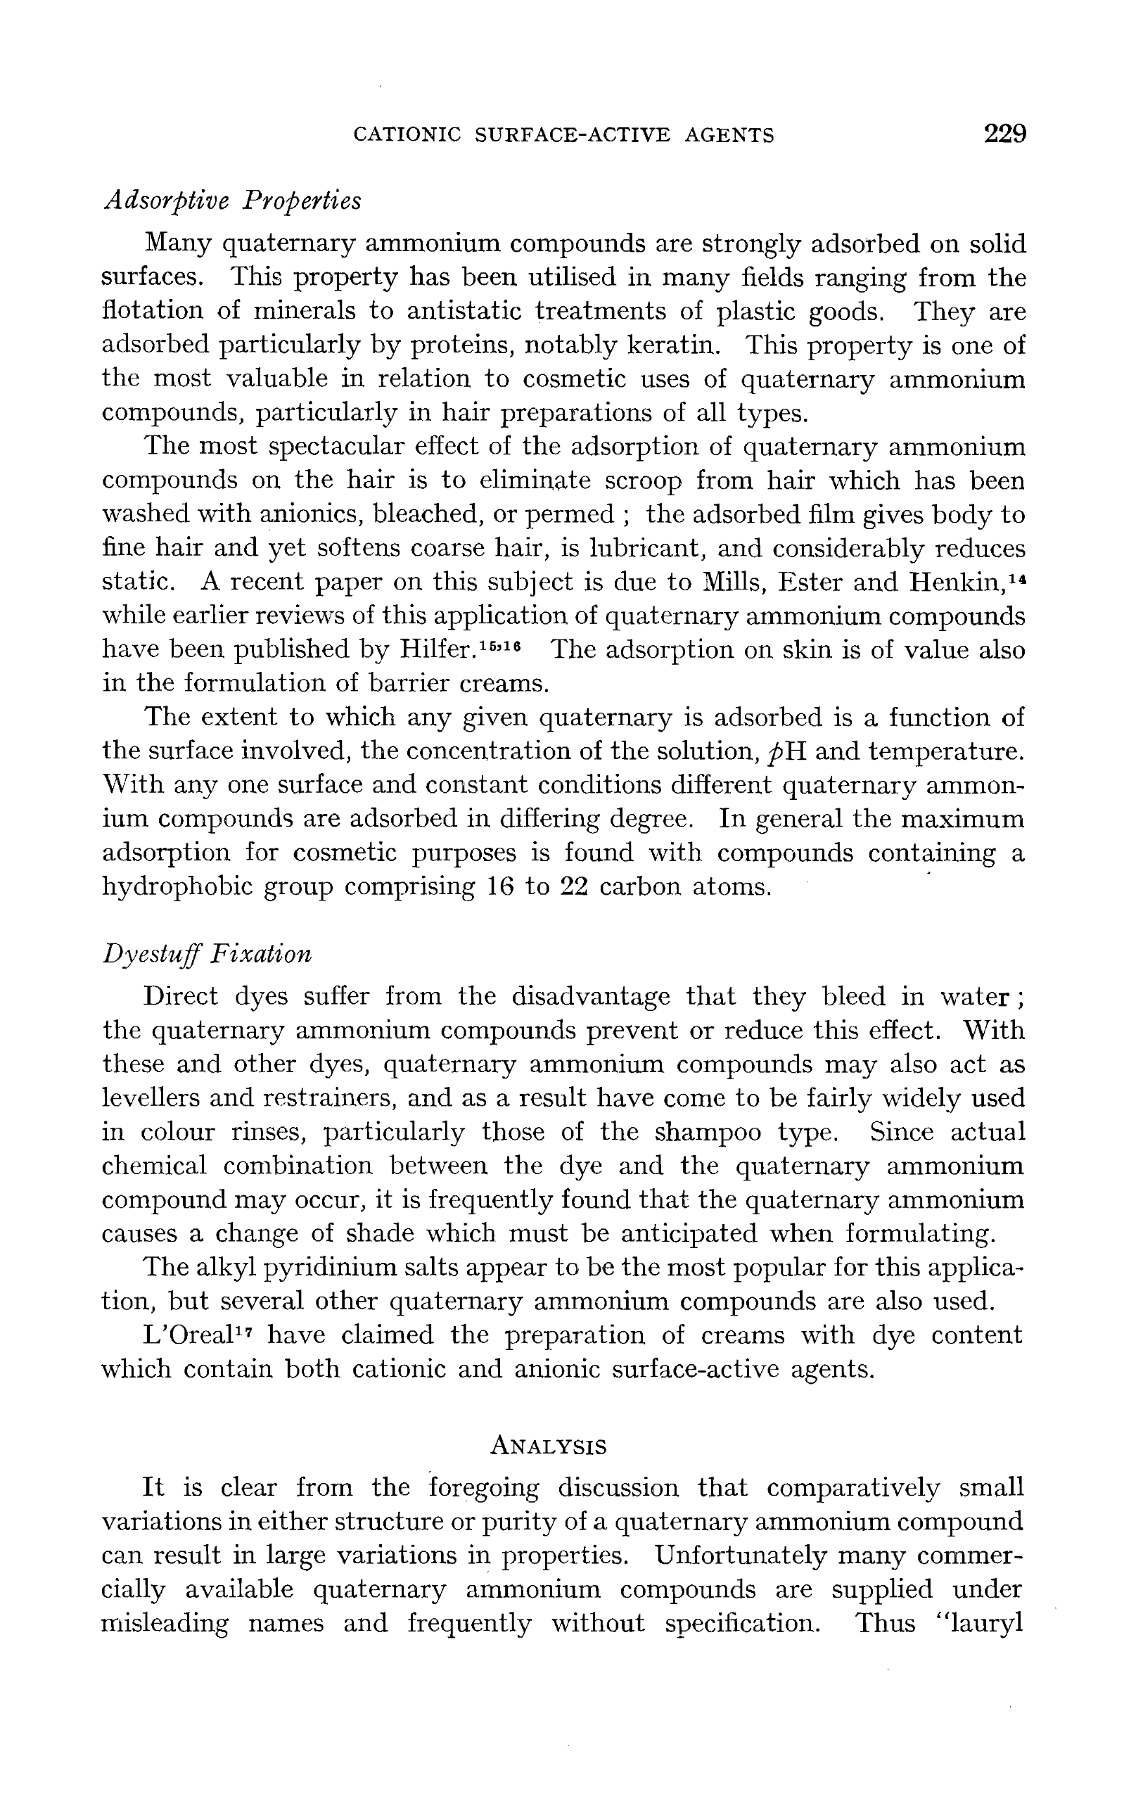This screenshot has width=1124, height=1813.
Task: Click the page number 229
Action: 1004,134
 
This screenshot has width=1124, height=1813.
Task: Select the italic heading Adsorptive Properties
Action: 232,200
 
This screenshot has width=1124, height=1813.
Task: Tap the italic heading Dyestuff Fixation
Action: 207,953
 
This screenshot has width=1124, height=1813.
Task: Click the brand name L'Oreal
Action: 184,1335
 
